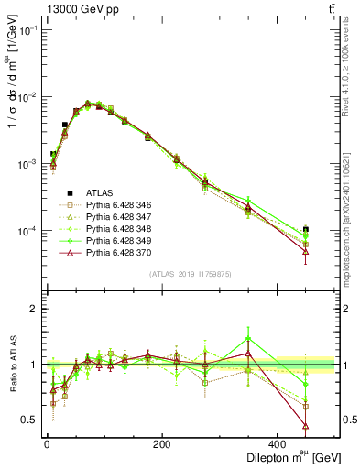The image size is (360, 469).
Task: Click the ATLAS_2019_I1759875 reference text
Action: coord(190,272)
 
